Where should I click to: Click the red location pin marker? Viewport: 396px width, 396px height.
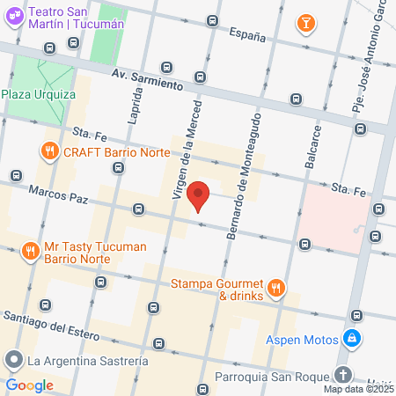pyautogui.click(x=199, y=195)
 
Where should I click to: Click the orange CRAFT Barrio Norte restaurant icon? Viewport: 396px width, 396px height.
pyautogui.click(x=49, y=151)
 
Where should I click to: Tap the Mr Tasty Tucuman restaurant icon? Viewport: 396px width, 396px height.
pyautogui.click(x=31, y=251)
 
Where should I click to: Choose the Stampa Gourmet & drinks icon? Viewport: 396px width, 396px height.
pyautogui.click(x=276, y=286)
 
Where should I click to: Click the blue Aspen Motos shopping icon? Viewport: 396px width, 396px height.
pyautogui.click(x=351, y=338)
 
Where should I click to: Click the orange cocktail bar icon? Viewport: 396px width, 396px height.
pyautogui.click(x=304, y=23)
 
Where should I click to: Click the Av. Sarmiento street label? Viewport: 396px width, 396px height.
pyautogui.click(x=147, y=81)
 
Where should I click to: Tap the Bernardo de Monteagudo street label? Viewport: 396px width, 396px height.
pyautogui.click(x=245, y=175)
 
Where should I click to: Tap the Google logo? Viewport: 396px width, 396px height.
pyautogui.click(x=30, y=385)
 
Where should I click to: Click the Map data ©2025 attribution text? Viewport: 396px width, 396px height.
pyautogui.click(x=357, y=389)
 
